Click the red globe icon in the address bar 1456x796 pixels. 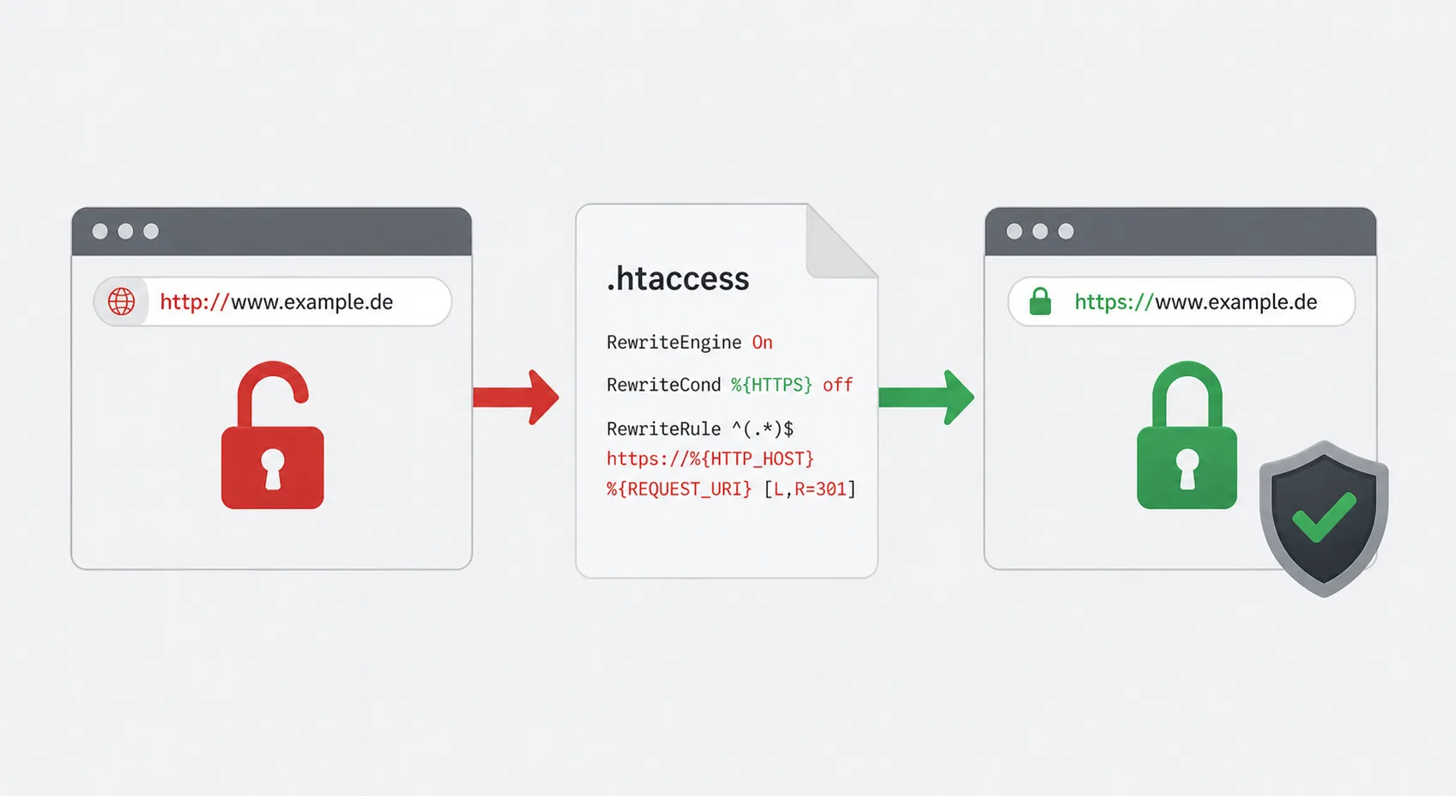click(122, 301)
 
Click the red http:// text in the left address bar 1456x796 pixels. click(195, 301)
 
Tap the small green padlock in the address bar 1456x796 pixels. click(1040, 301)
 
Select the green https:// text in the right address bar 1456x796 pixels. click(1114, 301)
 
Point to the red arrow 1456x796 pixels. click(516, 398)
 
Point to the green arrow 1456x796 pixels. click(927, 398)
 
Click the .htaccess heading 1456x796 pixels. click(677, 278)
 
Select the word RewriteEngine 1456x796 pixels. click(674, 342)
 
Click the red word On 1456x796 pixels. click(763, 342)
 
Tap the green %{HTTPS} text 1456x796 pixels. click(771, 385)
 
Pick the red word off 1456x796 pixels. click(838, 385)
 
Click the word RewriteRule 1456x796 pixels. click(663, 428)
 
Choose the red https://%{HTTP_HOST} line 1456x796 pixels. click(710, 459)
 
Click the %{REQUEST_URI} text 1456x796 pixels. click(679, 489)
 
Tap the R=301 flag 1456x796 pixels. click(820, 489)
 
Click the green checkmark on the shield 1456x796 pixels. click(1324, 517)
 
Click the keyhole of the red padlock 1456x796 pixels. click(272, 468)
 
